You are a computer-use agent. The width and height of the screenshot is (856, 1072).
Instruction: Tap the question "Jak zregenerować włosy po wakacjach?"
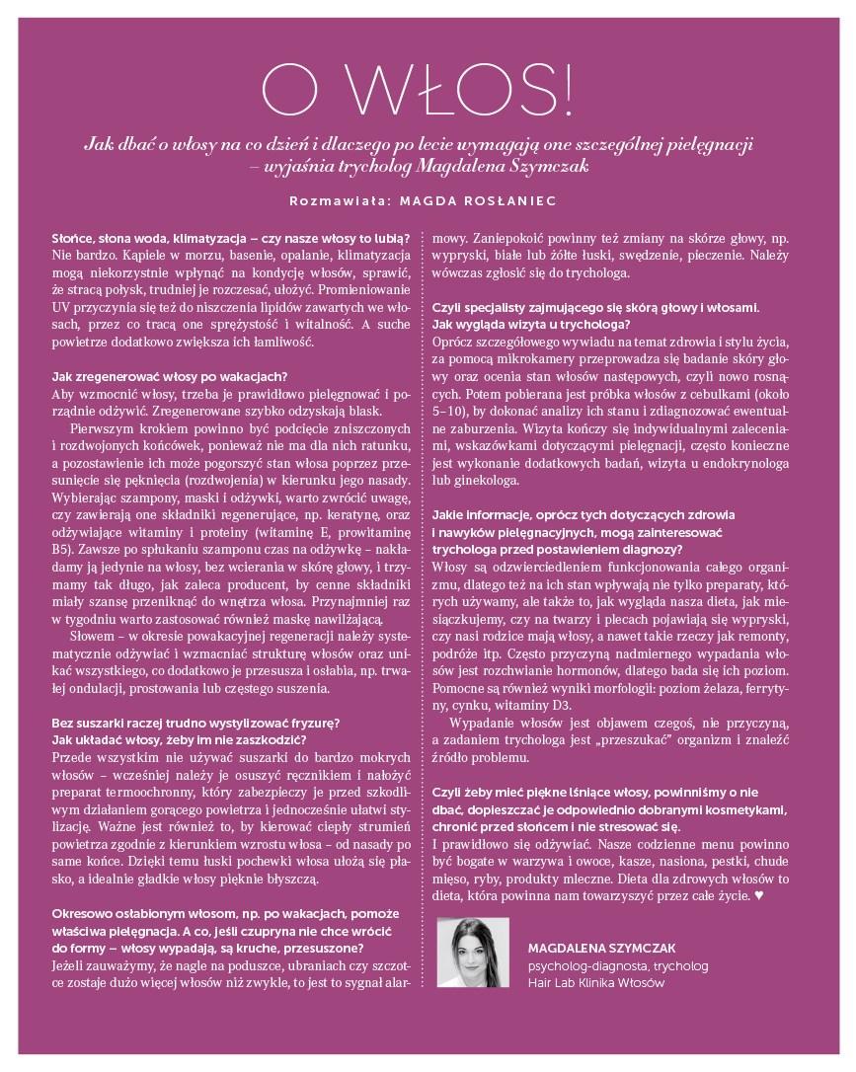169,375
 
